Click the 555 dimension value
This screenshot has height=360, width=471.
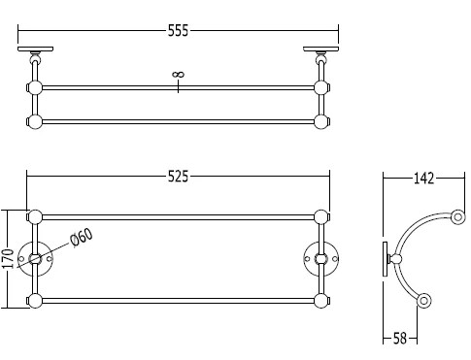(x=178, y=29)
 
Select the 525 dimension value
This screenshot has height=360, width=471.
(x=178, y=177)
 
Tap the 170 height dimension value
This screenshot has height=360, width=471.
(x=9, y=259)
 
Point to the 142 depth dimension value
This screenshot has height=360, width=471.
(x=423, y=178)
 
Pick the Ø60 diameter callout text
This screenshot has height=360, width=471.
(x=81, y=237)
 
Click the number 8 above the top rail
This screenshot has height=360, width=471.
(x=178, y=74)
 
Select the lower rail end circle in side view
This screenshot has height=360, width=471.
(x=424, y=302)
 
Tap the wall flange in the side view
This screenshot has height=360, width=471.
(x=384, y=258)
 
